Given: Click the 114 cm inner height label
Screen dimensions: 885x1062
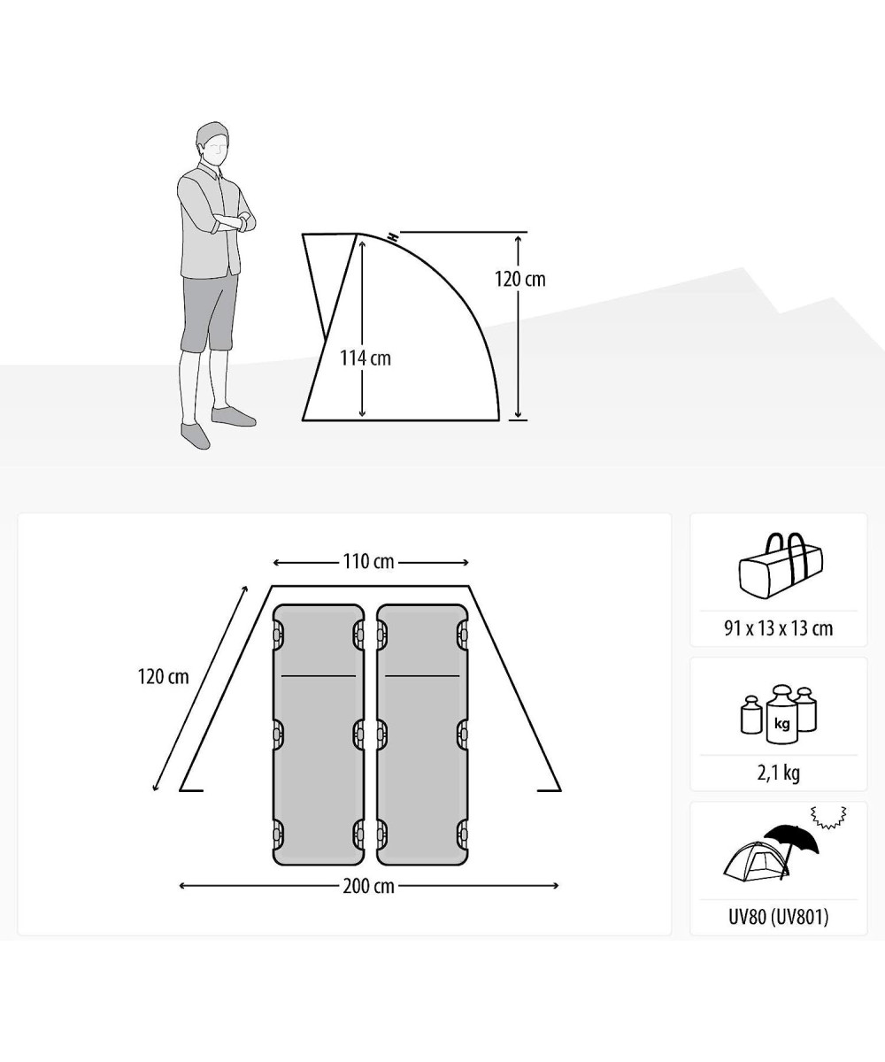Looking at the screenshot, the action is (x=366, y=358).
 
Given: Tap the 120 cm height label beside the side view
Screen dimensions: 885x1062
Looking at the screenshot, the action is (x=519, y=280).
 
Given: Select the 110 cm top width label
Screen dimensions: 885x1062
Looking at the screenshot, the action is (x=368, y=561).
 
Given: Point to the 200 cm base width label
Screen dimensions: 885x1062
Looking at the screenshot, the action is (x=368, y=886).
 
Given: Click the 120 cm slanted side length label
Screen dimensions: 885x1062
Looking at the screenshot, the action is (x=163, y=677).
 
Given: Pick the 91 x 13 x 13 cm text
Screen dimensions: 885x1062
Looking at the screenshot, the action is (x=778, y=628).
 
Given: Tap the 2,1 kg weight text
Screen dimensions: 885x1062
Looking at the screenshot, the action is (x=778, y=773).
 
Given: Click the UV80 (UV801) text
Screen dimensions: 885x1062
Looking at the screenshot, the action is (x=778, y=917).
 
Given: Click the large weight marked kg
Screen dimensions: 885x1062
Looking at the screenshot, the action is (x=781, y=716).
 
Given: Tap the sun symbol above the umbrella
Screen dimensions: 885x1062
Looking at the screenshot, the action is (x=828, y=818).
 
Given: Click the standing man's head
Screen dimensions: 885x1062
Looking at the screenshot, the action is (x=213, y=144).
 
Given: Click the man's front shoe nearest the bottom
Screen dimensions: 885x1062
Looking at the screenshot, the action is (x=196, y=435).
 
